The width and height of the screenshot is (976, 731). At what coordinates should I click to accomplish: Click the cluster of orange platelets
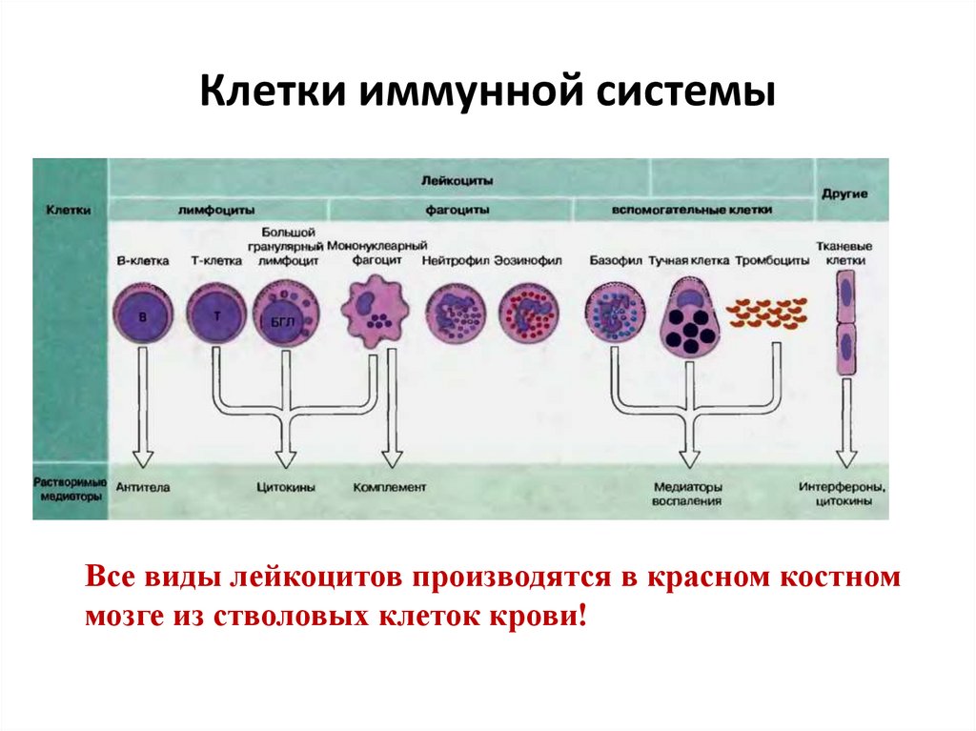(x=767, y=314)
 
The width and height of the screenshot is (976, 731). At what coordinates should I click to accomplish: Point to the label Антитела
(x=143, y=487)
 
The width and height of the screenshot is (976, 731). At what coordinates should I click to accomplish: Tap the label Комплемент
(x=390, y=487)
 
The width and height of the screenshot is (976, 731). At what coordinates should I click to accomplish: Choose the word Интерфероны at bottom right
(x=843, y=486)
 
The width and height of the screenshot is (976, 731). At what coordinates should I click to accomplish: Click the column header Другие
(x=844, y=194)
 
